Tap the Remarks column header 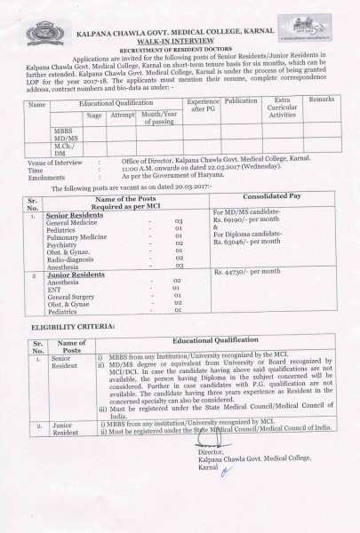point(321,103)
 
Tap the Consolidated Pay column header point(272,196)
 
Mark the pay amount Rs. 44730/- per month point(248,270)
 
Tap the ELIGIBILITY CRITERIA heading point(72,328)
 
